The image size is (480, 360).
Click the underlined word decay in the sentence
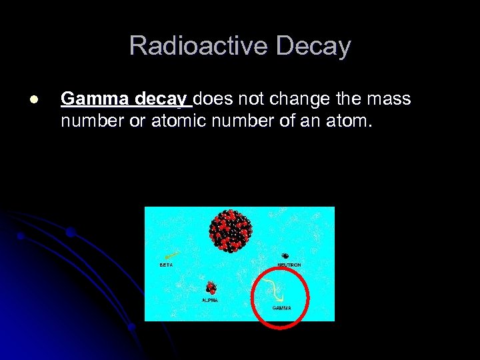(x=161, y=100)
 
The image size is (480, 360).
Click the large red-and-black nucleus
(x=231, y=230)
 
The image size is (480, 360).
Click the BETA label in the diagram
(x=166, y=265)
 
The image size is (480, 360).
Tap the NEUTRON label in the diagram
(x=289, y=265)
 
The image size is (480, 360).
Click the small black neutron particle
(x=285, y=256)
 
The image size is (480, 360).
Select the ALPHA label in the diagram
(x=209, y=300)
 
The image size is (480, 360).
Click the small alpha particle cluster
(x=211, y=289)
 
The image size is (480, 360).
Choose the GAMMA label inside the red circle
(x=281, y=308)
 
